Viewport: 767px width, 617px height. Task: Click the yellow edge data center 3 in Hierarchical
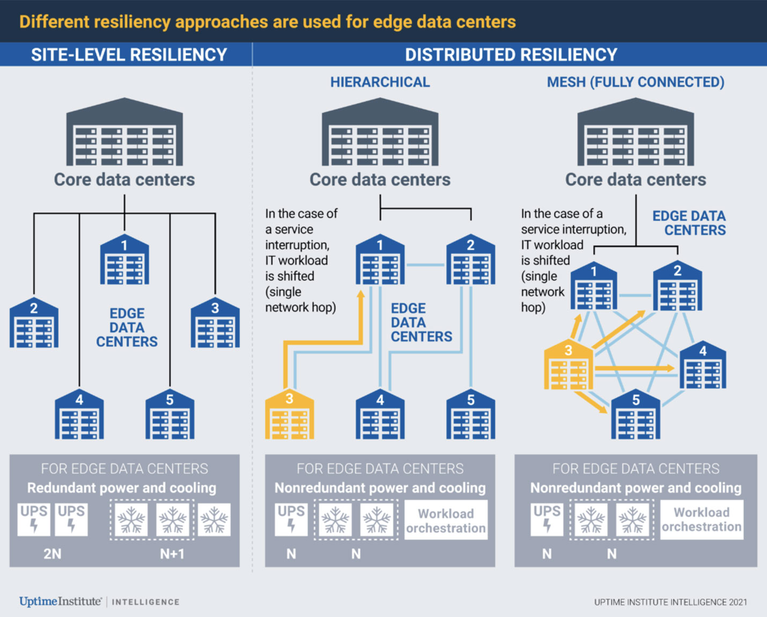289,415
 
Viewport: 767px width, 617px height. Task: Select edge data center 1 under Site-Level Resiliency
124,259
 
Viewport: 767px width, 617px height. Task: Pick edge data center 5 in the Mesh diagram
636,415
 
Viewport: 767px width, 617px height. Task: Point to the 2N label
52,554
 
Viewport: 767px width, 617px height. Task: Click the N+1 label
172,554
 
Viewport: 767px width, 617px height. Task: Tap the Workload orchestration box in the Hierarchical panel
446,521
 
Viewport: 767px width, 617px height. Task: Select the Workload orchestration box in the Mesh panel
702,519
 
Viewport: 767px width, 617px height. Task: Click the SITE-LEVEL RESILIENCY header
129,55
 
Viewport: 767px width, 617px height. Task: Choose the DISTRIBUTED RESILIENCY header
511,55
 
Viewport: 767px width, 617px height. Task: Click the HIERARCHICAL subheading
380,82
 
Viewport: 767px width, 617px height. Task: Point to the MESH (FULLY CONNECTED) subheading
636,82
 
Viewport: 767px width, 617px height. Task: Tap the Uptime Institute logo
60,601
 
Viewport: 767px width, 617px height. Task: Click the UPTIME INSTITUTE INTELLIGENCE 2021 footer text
670,602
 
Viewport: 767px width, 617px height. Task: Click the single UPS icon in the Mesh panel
547,519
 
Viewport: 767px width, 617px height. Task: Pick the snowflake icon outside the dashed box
214,519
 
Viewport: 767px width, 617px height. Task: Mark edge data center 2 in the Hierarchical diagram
470,259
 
